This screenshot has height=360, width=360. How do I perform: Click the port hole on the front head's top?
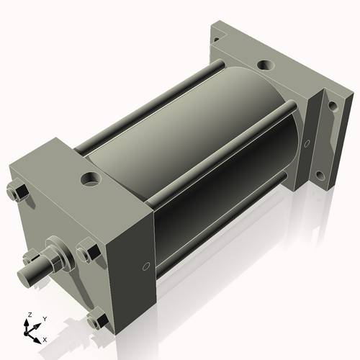tap(92, 178)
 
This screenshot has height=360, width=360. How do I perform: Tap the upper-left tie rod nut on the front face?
tap(18, 193)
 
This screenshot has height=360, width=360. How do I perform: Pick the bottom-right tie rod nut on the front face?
tap(96, 319)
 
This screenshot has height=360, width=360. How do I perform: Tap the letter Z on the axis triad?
tap(29, 315)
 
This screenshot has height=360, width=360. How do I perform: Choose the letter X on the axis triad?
tap(45, 338)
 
